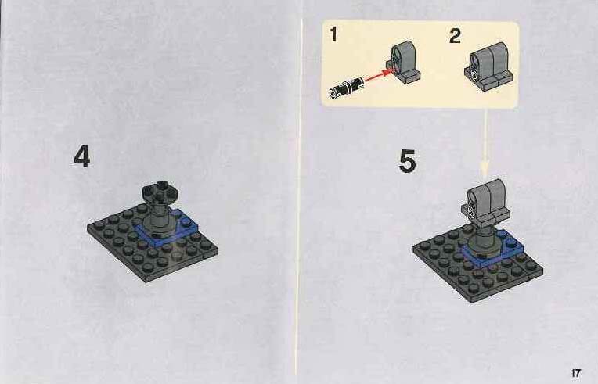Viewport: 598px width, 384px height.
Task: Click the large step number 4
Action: [x=81, y=156]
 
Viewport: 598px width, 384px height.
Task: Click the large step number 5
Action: [x=407, y=161]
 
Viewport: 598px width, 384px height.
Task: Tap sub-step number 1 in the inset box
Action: [x=333, y=34]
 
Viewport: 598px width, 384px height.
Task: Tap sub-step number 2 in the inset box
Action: [x=455, y=36]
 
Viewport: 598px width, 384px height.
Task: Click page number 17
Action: [x=575, y=373]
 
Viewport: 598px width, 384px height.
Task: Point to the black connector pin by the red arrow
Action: [x=346, y=88]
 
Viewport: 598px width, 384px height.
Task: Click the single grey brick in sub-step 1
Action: [x=404, y=63]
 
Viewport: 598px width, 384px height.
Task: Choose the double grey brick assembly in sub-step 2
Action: [x=488, y=66]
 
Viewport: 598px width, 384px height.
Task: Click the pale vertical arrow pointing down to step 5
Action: [x=485, y=144]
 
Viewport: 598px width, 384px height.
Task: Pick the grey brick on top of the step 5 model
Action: [x=485, y=202]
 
